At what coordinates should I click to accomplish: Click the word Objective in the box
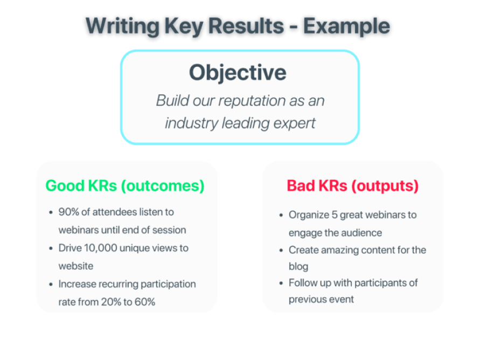pyautogui.click(x=238, y=73)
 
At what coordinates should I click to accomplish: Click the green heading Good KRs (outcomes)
pyautogui.click(x=125, y=186)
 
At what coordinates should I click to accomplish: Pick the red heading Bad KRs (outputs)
pyautogui.click(x=353, y=186)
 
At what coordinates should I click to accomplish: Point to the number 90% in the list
pyautogui.click(x=68, y=212)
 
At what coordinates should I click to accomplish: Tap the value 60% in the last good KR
pyautogui.click(x=145, y=302)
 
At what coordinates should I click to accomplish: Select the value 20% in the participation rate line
pyautogui.click(x=111, y=302)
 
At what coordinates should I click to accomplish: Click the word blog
pyautogui.click(x=298, y=267)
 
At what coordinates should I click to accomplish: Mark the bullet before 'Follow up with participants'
pyautogui.click(x=281, y=283)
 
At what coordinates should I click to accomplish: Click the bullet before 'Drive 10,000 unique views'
pyautogui.click(x=51, y=248)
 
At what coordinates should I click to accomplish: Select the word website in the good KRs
pyautogui.click(x=76, y=266)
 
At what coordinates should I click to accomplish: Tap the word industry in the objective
pyautogui.click(x=191, y=123)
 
